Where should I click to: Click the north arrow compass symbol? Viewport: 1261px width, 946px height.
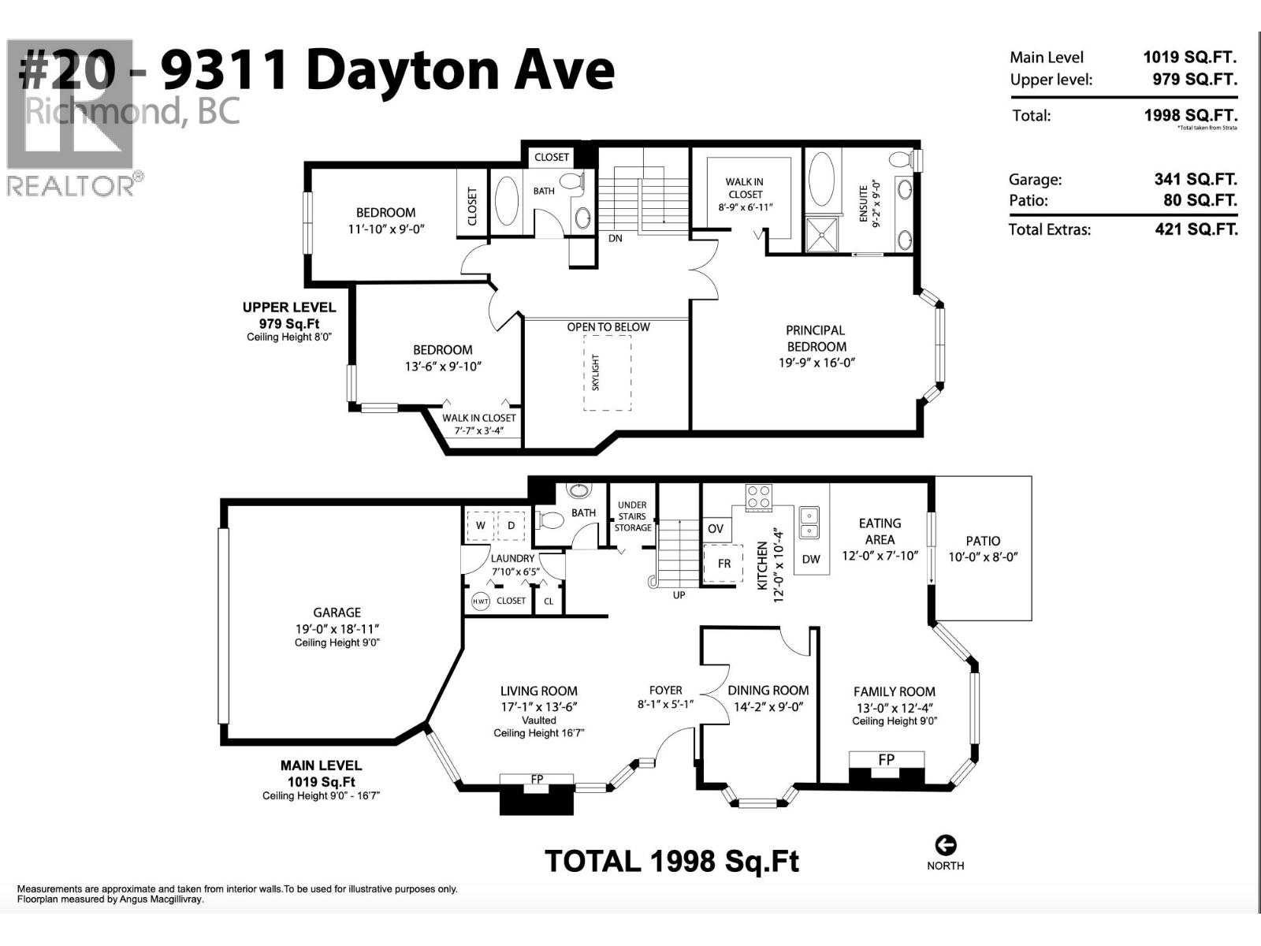[x=945, y=845]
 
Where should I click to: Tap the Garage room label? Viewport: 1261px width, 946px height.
[x=337, y=613]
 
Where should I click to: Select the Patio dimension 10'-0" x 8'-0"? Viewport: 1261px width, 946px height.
[x=983, y=557]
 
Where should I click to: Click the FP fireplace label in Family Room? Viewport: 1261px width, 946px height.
[x=887, y=760]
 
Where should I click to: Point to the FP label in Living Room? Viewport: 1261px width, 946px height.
[x=537, y=780]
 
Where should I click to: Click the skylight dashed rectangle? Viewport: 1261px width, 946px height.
[x=607, y=373]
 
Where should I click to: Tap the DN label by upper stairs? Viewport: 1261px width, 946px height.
[x=616, y=238]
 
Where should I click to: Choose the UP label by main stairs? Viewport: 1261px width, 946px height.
[x=679, y=595]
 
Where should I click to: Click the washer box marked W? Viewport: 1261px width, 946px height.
[x=480, y=525]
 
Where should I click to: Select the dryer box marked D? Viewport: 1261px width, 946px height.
[x=511, y=525]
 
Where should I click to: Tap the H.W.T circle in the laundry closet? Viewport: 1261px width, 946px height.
[x=480, y=601]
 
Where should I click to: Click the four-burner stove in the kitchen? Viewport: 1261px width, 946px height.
[x=759, y=497]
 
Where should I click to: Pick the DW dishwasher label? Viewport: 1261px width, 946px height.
[x=811, y=559]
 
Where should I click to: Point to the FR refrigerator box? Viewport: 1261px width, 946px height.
[x=723, y=563]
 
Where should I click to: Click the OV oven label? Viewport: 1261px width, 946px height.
[x=716, y=528]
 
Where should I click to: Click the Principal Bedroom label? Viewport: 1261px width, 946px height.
[x=816, y=338]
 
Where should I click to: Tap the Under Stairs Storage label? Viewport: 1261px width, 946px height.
[x=632, y=516]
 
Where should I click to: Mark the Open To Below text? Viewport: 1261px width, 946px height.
[x=608, y=327]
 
